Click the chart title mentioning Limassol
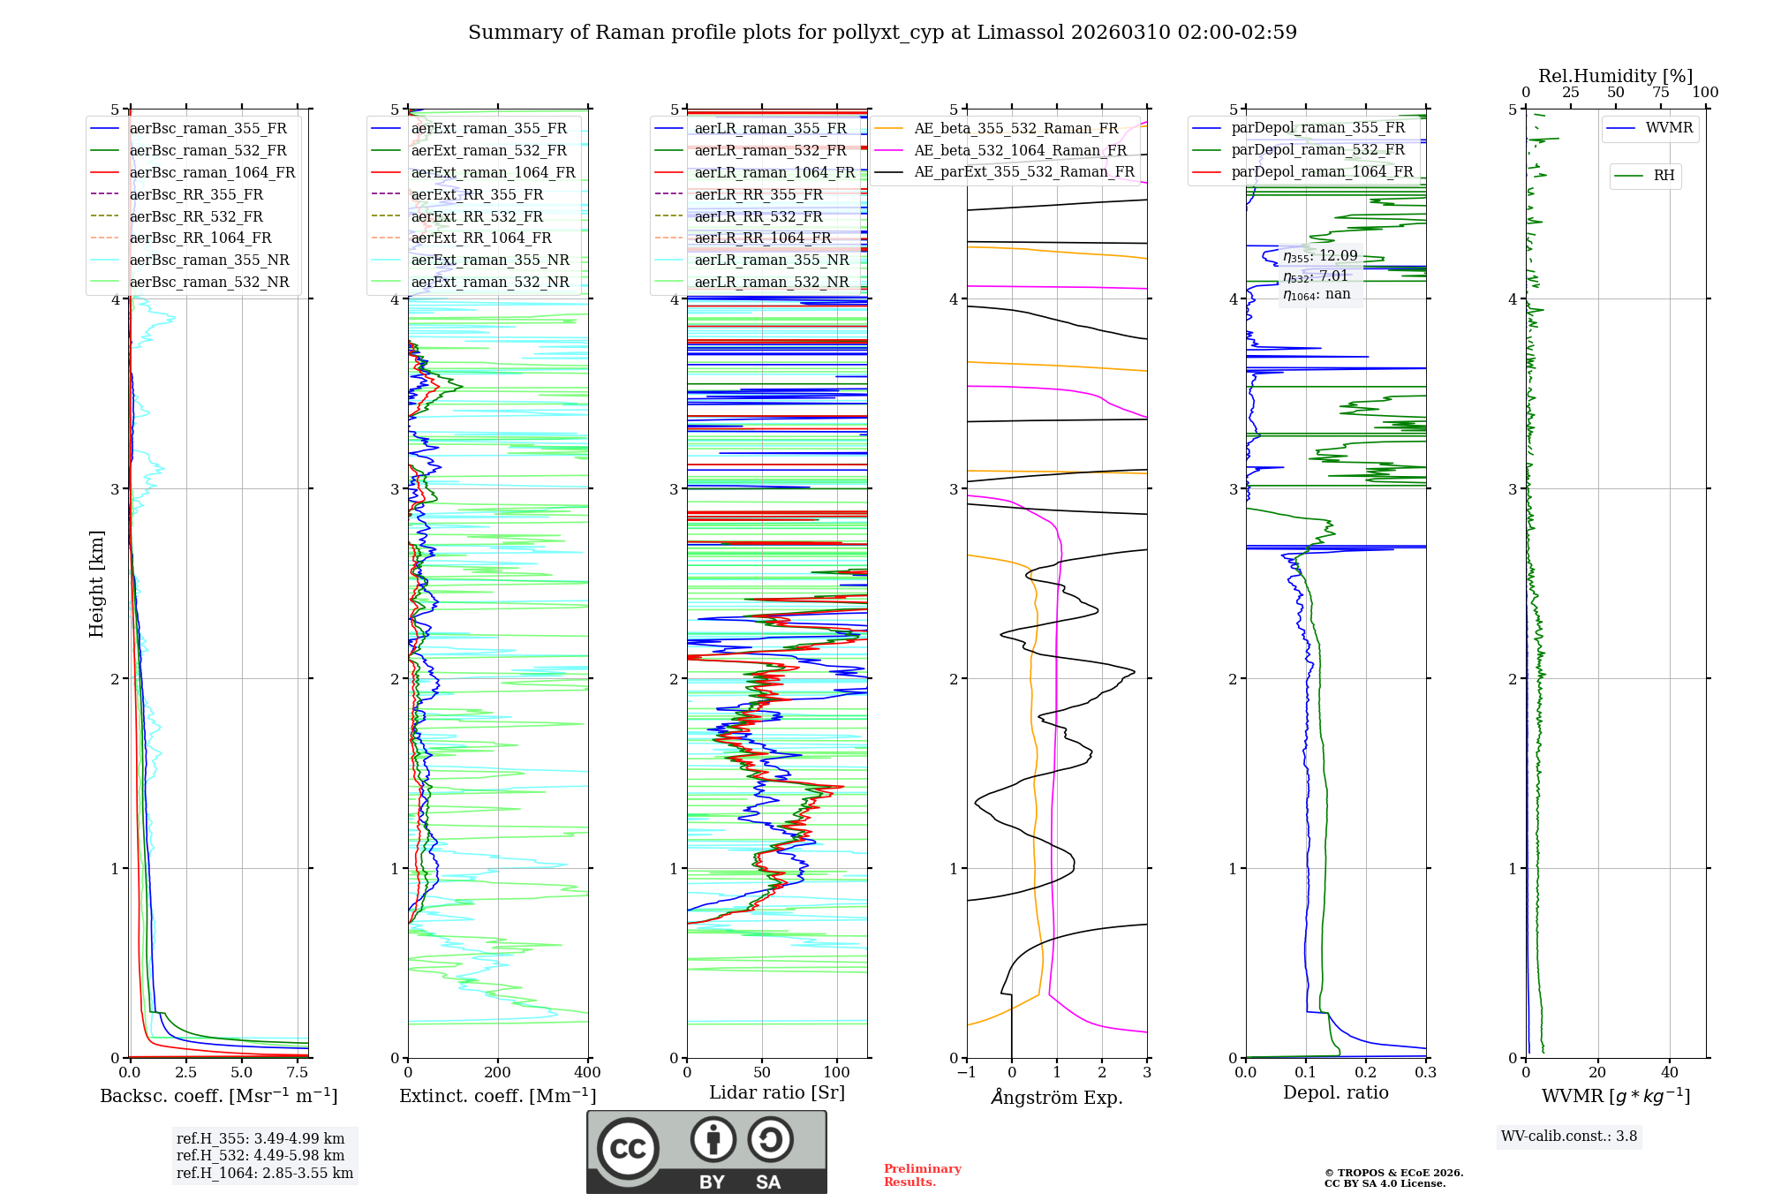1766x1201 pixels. (x=882, y=33)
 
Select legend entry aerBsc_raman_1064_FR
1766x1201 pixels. (x=212, y=172)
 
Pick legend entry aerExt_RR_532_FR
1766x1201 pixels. (x=477, y=216)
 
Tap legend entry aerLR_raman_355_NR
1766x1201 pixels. (x=771, y=260)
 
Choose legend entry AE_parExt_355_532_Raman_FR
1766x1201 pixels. (x=1023, y=171)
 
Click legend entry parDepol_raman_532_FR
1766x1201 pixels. (x=1317, y=149)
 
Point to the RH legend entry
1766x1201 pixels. (x=1664, y=176)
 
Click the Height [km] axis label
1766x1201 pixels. (x=96, y=584)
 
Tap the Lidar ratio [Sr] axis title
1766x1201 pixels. (x=777, y=1092)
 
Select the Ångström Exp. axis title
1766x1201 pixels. (x=1057, y=1097)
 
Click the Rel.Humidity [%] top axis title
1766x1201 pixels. (x=1615, y=76)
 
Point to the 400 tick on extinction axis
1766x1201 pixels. (x=588, y=1073)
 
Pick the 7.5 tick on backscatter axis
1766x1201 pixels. (x=298, y=1073)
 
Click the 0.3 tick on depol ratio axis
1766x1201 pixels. (x=1425, y=1073)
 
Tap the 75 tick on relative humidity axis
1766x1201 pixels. (x=1661, y=93)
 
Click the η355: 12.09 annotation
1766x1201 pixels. (x=1320, y=256)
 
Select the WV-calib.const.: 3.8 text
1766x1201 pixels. (x=1569, y=1137)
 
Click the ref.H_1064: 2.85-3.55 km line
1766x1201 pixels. (x=265, y=1174)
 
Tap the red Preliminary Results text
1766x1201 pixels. (x=922, y=1175)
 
